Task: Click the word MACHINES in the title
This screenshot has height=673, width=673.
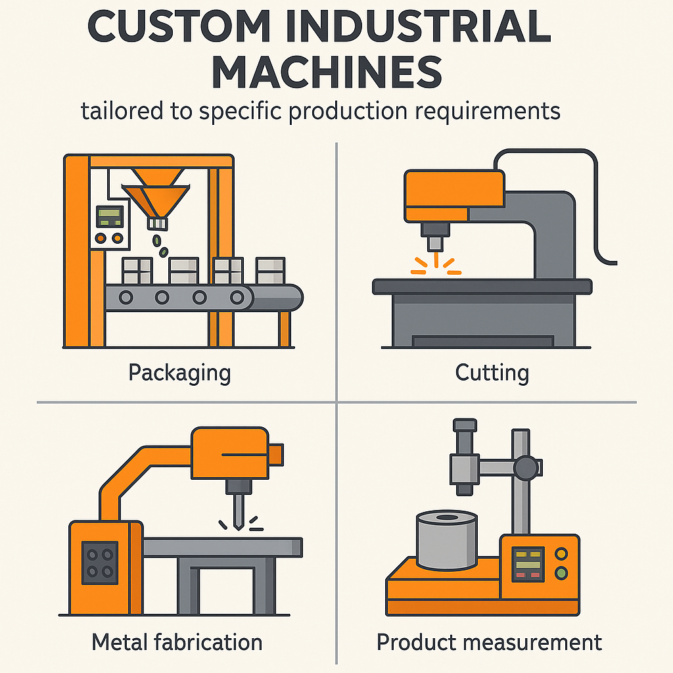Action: click(327, 72)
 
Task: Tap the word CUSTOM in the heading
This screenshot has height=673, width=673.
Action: click(179, 26)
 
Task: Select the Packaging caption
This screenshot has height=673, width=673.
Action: click(179, 373)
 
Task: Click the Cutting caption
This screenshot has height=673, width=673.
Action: click(492, 373)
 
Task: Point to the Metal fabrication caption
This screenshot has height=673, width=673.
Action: click(177, 642)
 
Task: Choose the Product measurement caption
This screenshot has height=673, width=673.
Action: click(489, 642)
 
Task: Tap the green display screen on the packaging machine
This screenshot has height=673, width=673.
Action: click(110, 216)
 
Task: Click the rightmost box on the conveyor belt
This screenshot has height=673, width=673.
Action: click(270, 270)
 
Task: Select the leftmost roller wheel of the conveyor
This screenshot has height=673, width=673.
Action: click(126, 297)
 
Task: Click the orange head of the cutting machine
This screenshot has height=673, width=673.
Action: click(454, 196)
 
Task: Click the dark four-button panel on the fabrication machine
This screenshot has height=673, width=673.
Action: click(100, 563)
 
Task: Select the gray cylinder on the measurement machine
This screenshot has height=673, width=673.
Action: click(447, 540)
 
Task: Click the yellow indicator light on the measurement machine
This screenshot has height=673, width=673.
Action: click(561, 553)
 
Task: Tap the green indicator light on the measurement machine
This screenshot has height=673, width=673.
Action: click(561, 572)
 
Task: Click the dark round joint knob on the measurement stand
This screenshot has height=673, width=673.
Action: click(526, 468)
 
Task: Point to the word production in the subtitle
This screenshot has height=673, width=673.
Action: click(348, 112)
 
